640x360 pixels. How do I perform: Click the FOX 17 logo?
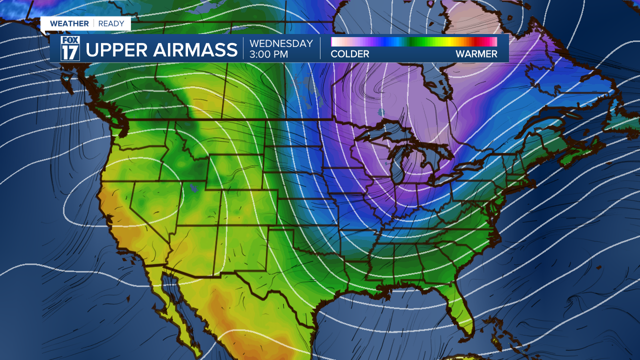pyautogui.click(x=70, y=48)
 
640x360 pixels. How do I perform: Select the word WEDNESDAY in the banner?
pyautogui.click(x=281, y=43)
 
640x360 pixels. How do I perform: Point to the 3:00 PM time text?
pyautogui.click(x=269, y=54)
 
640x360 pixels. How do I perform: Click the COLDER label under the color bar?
pyautogui.click(x=350, y=54)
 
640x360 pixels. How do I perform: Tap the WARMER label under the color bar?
pyautogui.click(x=476, y=54)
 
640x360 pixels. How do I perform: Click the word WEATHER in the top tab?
pyautogui.click(x=69, y=23)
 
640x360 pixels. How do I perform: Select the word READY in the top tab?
pyautogui.click(x=111, y=23)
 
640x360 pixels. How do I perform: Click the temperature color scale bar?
pyautogui.click(x=414, y=41)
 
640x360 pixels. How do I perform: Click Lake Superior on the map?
pyautogui.click(x=385, y=131)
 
